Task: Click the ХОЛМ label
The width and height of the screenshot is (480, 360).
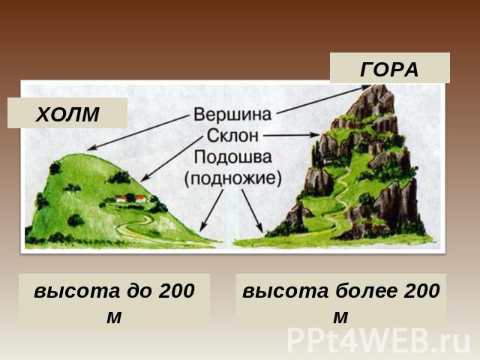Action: pyautogui.click(x=67, y=114)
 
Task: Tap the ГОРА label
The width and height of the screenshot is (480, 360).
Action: pyautogui.click(x=389, y=70)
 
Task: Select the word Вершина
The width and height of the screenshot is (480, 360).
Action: pyautogui.click(x=232, y=114)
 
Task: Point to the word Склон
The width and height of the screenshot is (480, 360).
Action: pyautogui.click(x=232, y=136)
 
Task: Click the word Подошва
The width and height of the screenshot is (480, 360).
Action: pyautogui.click(x=232, y=157)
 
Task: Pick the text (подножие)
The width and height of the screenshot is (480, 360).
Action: pyautogui.click(x=232, y=178)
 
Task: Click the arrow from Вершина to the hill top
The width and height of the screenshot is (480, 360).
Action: pyautogui.click(x=137, y=133)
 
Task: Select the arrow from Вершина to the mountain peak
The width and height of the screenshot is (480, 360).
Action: pyautogui.click(x=323, y=99)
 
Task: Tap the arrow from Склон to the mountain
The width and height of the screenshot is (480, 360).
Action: pyautogui.click(x=292, y=135)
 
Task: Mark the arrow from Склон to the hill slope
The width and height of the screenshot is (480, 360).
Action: pyautogui.click(x=172, y=158)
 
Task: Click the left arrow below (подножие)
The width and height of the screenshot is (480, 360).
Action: pyautogui.click(x=211, y=210)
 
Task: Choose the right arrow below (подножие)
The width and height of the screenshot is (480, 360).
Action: pyautogui.click(x=253, y=211)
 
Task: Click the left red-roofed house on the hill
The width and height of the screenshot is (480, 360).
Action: pyautogui.click(x=121, y=199)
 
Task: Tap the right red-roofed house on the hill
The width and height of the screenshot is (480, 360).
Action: pyautogui.click(x=141, y=199)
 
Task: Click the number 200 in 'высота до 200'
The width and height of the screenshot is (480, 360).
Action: pyautogui.click(x=177, y=290)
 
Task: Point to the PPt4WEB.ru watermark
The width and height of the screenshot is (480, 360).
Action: pyautogui.click(x=379, y=340)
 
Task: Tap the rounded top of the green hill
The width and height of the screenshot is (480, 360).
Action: pyautogui.click(x=80, y=157)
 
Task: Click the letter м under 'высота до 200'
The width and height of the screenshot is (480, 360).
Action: pyautogui.click(x=114, y=317)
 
